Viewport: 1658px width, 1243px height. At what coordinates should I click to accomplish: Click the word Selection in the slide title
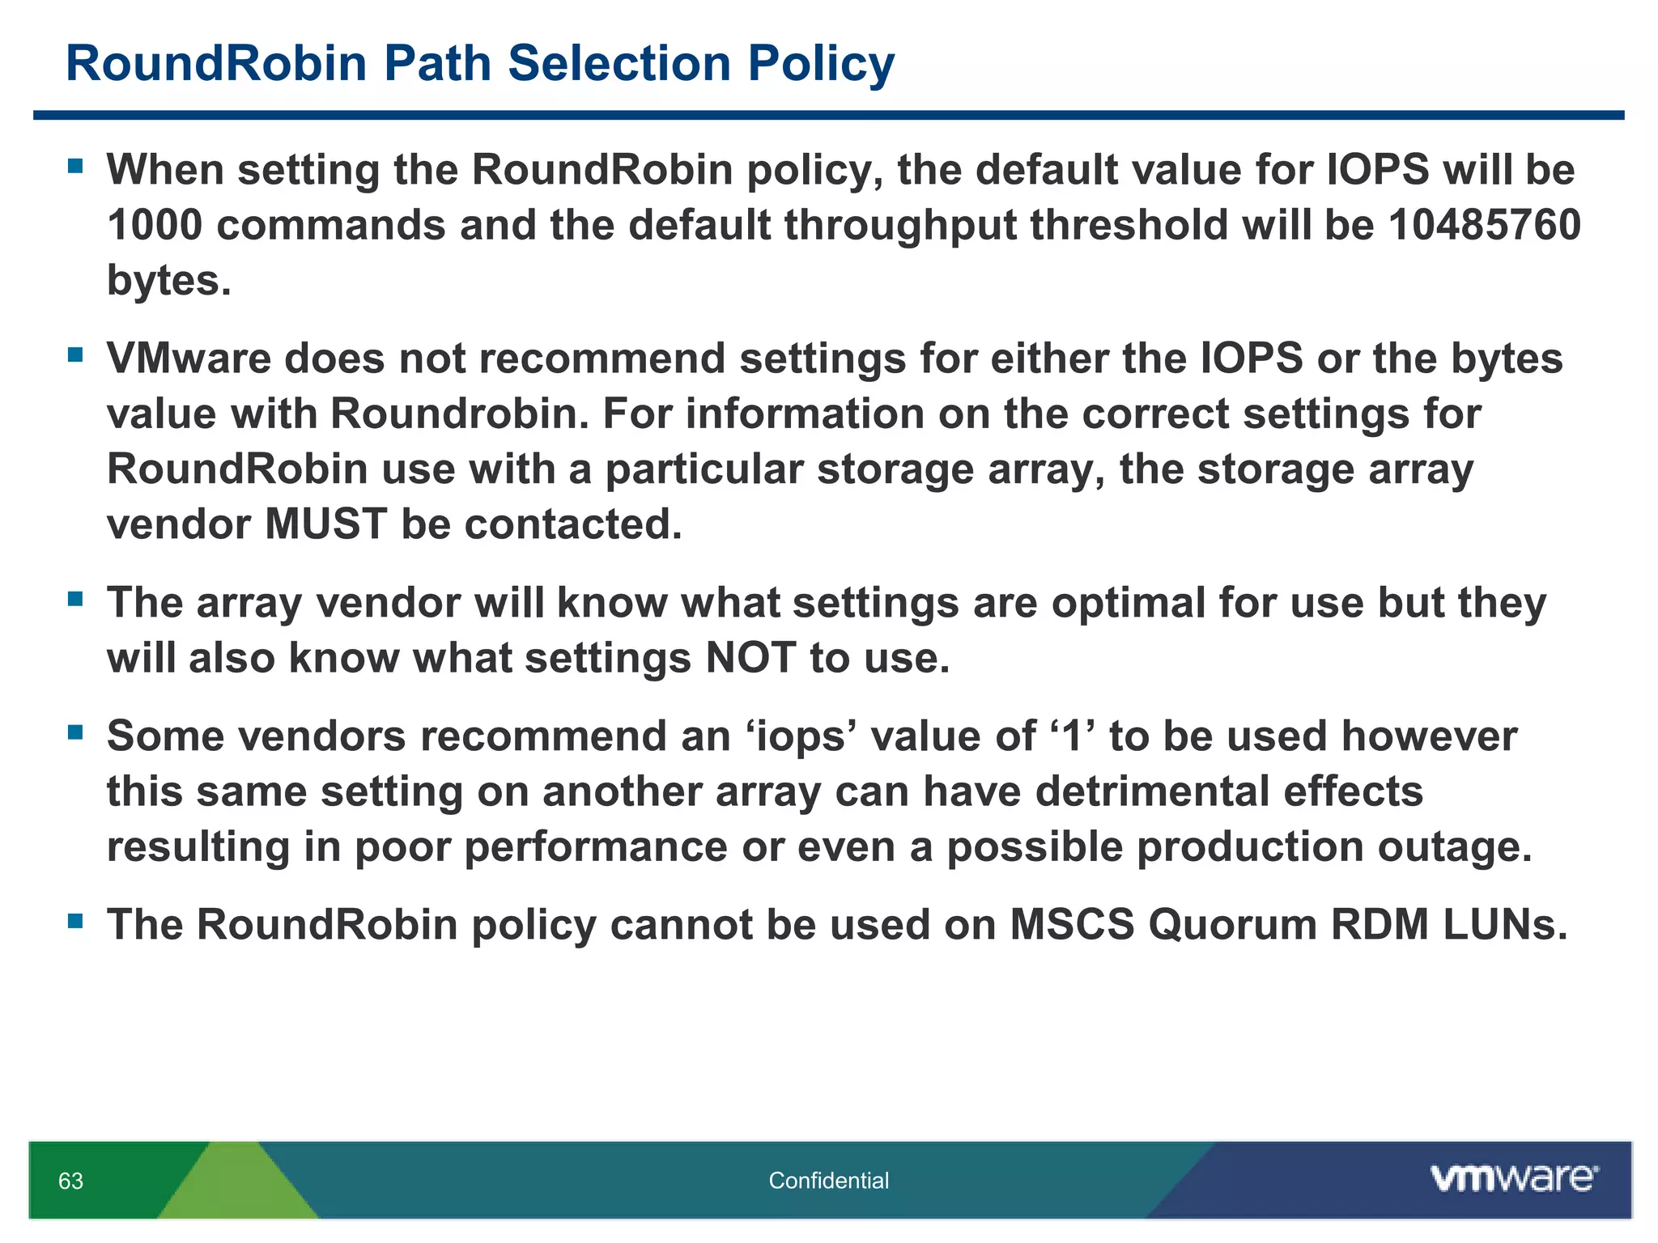(x=619, y=63)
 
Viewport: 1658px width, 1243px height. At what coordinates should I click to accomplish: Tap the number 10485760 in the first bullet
(x=1484, y=225)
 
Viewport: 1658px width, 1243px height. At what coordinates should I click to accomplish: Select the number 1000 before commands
(x=154, y=225)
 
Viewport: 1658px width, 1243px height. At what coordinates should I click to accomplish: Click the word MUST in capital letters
(x=325, y=524)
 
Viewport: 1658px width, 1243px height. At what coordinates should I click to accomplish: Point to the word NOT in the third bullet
(x=750, y=657)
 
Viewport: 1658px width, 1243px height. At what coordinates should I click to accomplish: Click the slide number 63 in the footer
(x=70, y=1181)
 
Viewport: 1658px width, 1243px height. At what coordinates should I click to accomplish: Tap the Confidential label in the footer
(x=828, y=1181)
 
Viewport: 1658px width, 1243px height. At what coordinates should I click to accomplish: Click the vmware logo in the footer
(x=1513, y=1178)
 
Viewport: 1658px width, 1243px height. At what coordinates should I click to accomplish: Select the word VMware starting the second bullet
(x=189, y=358)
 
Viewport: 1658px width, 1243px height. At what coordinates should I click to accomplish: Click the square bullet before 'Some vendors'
(x=75, y=732)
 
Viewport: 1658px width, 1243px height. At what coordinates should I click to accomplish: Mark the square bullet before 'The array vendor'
(x=75, y=599)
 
